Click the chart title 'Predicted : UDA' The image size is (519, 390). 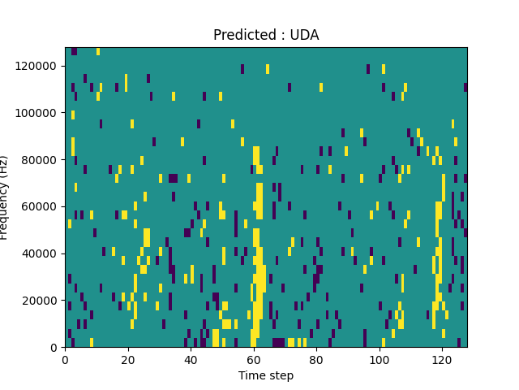266,35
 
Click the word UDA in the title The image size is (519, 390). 305,35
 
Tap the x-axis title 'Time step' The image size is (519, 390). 266,375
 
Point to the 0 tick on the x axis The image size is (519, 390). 65,359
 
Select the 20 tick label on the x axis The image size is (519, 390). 127,359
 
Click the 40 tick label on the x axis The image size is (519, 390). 191,359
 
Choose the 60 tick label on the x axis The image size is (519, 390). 253,359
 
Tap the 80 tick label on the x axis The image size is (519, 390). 316,359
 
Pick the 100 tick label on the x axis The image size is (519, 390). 379,359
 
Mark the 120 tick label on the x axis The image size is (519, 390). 442,359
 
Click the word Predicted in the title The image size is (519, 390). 242,35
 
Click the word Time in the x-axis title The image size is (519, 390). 251,375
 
